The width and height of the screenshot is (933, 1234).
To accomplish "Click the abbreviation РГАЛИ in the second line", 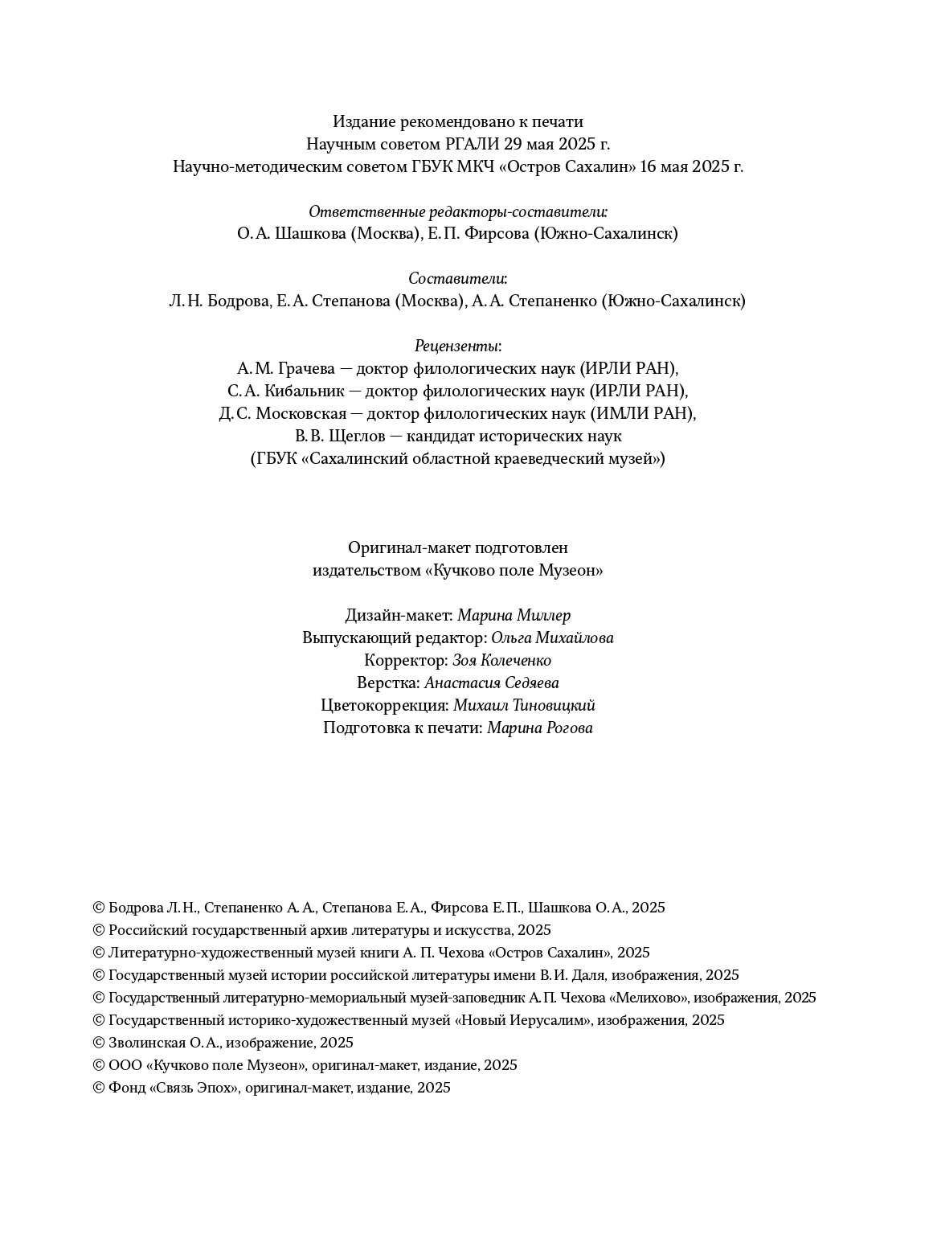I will pos(472,145).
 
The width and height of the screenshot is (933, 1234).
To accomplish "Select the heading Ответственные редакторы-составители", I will pos(458,212).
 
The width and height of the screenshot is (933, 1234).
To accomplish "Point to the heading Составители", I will pos(457,279).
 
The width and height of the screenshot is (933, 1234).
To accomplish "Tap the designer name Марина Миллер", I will pos(514,616).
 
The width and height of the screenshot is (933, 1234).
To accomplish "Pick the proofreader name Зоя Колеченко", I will pos(502,661).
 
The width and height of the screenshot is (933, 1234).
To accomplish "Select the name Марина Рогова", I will pos(540,728).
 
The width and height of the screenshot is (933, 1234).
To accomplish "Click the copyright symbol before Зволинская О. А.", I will pos(99,1043).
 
